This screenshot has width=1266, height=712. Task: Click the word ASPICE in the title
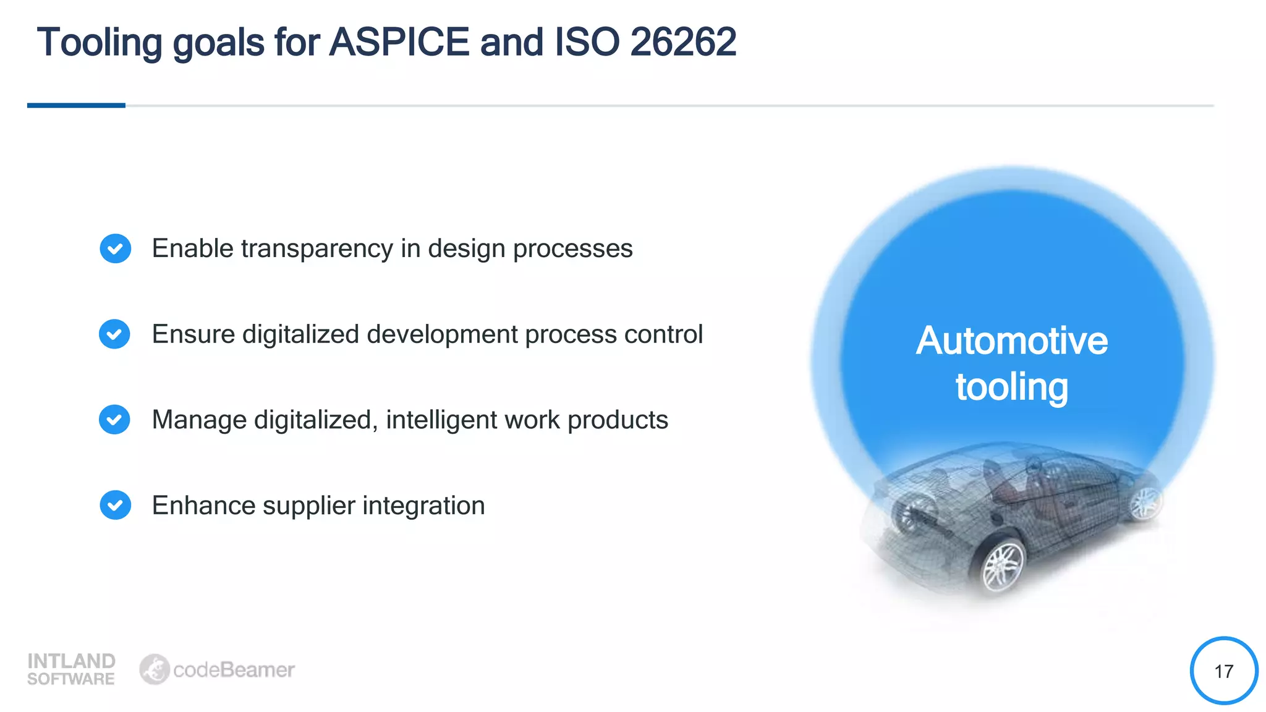pyautogui.click(x=399, y=42)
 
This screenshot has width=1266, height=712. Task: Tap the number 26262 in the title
pyautogui.click(x=682, y=42)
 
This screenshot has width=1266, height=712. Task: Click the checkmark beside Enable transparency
pyautogui.click(x=115, y=248)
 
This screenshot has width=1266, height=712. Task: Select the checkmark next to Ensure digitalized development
pyautogui.click(x=114, y=334)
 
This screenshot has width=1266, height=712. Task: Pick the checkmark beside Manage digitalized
pyautogui.click(x=114, y=420)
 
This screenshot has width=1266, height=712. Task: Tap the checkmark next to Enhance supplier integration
pyautogui.click(x=115, y=505)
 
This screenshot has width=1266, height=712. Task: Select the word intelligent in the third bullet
pyautogui.click(x=441, y=420)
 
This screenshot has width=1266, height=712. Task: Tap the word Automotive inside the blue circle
pyautogui.click(x=1011, y=341)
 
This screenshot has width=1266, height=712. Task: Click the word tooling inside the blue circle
pyautogui.click(x=1011, y=387)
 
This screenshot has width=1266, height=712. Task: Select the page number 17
pyautogui.click(x=1223, y=671)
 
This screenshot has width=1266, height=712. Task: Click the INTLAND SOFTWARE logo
pyautogui.click(x=71, y=669)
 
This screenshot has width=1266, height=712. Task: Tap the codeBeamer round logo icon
pyautogui.click(x=154, y=669)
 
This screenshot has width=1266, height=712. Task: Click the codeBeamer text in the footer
pyautogui.click(x=234, y=670)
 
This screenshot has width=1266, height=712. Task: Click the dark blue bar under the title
pyautogui.click(x=76, y=106)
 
